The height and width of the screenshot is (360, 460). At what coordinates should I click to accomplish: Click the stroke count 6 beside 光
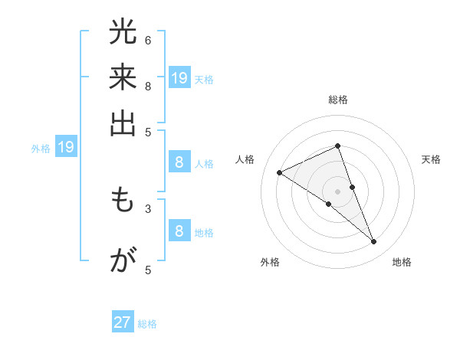coord(148,40)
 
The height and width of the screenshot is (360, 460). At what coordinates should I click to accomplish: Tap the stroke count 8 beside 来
coord(148,85)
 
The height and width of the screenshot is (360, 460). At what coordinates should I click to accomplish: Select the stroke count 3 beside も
coord(148,208)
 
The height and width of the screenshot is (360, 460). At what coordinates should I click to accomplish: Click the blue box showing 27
coord(123,322)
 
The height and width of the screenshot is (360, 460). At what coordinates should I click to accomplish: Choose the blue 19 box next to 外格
coord(66,148)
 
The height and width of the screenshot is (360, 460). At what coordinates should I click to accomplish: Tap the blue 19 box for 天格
coord(179,78)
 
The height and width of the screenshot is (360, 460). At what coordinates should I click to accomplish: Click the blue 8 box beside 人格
coord(179,162)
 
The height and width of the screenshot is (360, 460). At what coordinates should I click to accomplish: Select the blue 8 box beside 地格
coord(179,231)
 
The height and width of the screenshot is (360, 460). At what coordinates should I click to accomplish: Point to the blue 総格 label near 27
coord(147,324)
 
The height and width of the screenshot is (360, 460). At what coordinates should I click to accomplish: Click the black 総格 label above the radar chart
coord(338,100)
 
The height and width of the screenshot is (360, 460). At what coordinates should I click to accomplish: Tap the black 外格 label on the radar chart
coord(269,263)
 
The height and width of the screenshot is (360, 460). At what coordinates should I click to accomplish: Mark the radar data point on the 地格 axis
coord(374,242)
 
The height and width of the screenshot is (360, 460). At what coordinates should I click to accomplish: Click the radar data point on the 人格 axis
coord(280,172)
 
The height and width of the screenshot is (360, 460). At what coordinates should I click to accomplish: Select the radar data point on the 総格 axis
coord(338,146)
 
